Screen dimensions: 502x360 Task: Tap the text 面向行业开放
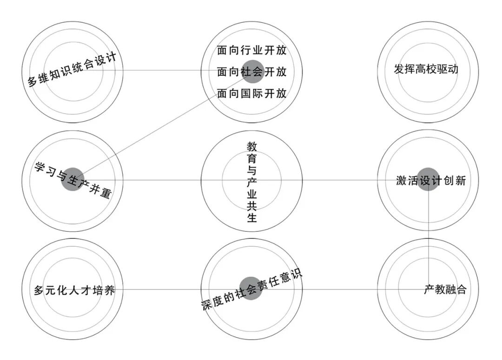(x=251, y=50)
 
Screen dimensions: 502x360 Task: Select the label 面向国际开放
(x=251, y=93)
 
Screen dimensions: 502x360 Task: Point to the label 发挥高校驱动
(x=426, y=70)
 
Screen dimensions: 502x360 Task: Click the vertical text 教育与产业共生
(x=251, y=182)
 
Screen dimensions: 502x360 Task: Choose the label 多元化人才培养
(x=74, y=291)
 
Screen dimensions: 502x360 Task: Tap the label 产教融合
(x=444, y=290)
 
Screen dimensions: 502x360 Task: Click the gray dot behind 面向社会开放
(x=252, y=72)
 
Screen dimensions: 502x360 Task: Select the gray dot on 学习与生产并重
(x=73, y=179)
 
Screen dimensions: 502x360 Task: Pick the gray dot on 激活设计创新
(x=428, y=179)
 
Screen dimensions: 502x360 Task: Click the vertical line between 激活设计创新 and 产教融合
(x=428, y=232)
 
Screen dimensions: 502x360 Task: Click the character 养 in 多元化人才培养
(x=110, y=291)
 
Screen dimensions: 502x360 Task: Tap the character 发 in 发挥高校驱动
(x=398, y=70)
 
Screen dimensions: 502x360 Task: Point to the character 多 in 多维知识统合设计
(x=33, y=82)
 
